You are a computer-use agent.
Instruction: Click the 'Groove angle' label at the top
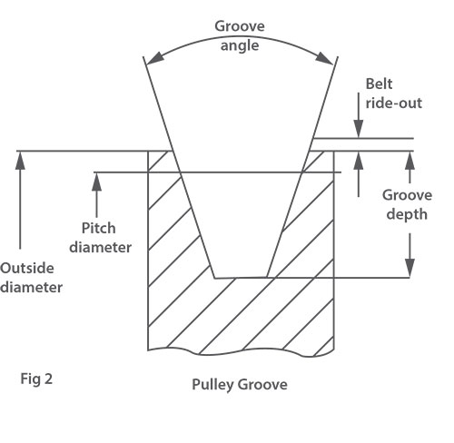click(240, 35)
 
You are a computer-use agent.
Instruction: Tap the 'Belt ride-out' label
click(393, 94)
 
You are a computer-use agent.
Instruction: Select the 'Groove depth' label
click(407, 205)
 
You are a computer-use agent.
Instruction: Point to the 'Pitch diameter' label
click(100, 238)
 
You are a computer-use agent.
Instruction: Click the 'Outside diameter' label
click(31, 278)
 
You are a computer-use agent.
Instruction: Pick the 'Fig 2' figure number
click(36, 379)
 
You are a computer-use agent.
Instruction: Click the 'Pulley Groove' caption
click(240, 385)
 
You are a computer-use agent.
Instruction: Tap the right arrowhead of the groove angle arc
click(324, 58)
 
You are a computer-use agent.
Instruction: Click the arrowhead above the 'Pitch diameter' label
click(96, 182)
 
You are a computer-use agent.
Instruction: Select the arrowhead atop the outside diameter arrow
click(20, 161)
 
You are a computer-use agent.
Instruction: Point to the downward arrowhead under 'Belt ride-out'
click(359, 129)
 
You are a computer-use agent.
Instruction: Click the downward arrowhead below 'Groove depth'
click(410, 268)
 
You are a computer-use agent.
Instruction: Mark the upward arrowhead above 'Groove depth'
click(410, 161)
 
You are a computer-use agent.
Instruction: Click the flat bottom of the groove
click(241, 278)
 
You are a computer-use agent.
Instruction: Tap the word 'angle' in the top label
click(240, 46)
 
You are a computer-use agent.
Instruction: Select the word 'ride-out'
click(394, 103)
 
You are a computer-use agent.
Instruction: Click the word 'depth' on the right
click(407, 214)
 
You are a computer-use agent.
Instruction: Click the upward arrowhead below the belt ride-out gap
click(359, 161)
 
